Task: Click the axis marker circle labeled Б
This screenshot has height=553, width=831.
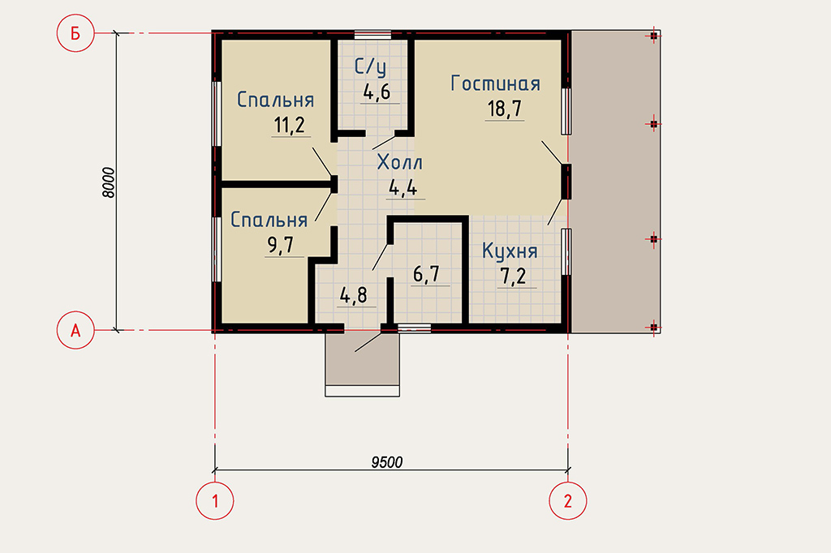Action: pos(75,33)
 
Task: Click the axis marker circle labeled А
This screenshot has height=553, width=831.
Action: pos(75,331)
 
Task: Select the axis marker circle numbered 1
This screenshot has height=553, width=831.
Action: pos(214,500)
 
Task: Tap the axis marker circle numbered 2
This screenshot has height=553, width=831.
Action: pos(567,500)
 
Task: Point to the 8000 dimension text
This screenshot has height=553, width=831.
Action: pos(108,182)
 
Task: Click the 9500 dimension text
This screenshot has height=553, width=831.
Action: pos(387,462)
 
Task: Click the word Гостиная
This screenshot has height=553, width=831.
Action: pos(496,84)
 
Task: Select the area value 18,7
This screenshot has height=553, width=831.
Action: pos(505,109)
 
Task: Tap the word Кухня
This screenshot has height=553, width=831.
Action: pos(510,251)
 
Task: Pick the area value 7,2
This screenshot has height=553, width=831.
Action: pos(514,276)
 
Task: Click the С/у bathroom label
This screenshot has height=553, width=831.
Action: pos(370,67)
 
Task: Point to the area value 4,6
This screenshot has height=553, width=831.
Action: pos(377,92)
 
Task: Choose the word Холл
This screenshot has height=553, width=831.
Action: pos(399,162)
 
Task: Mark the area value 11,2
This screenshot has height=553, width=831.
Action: pos(290,126)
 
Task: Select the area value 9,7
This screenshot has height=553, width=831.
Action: pos(281,245)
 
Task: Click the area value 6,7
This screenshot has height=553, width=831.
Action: pos(427,274)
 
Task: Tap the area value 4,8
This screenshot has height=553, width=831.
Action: pos(354,296)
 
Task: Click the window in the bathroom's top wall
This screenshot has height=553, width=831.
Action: pos(372,35)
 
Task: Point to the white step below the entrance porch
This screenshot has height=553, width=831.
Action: pos(363,391)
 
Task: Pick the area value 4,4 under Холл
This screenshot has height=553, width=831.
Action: pos(403,187)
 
